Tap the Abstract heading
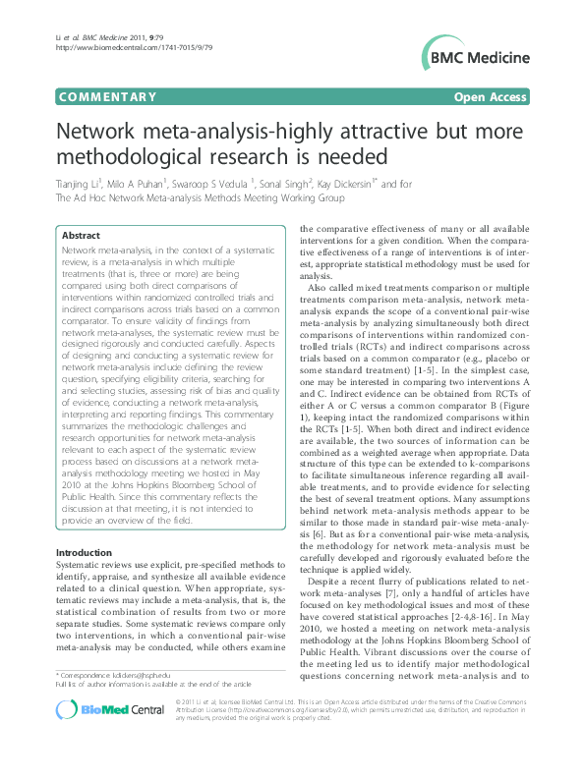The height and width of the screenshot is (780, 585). click(x=81, y=236)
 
